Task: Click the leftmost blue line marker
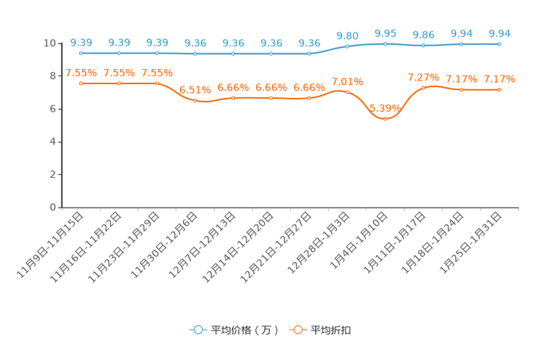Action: (x=81, y=53)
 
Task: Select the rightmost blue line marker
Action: (x=499, y=44)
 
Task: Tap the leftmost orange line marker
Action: (x=81, y=83)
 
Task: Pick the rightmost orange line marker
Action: (x=499, y=89)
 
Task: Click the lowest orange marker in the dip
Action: (x=385, y=119)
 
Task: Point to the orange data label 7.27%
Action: (x=423, y=77)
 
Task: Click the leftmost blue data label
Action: (x=81, y=42)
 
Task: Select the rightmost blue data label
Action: (x=499, y=33)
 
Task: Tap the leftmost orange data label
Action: (x=81, y=72)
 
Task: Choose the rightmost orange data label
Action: (x=499, y=78)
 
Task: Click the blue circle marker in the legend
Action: (x=197, y=330)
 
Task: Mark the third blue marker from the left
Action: (x=157, y=53)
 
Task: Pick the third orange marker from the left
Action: (x=157, y=83)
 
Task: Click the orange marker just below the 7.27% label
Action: (x=423, y=88)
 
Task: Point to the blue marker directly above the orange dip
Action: (x=385, y=44)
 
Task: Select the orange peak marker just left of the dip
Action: (x=347, y=92)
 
